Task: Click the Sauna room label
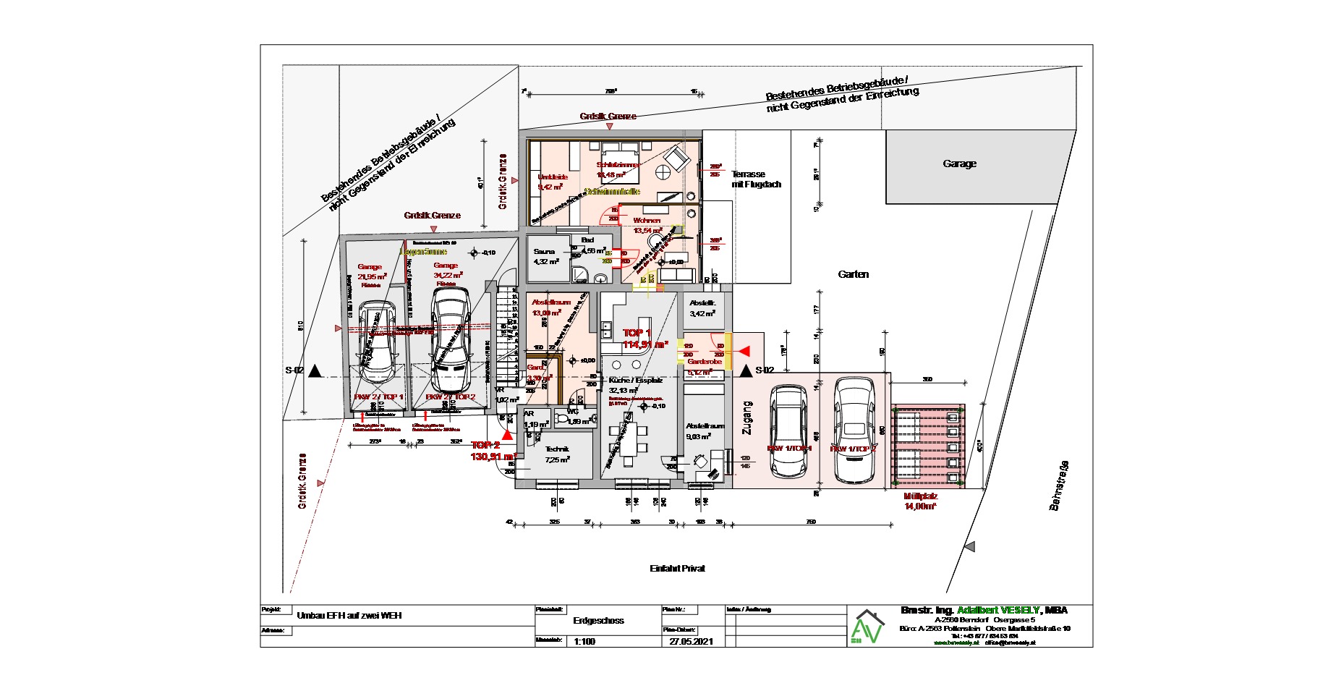pos(544,252)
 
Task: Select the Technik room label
pos(557,449)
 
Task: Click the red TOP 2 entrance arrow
pos(508,435)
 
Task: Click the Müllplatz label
pos(920,497)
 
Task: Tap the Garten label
pos(853,275)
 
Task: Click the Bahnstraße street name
pos(1059,486)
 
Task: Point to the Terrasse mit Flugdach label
pos(756,179)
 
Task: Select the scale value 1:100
pos(584,641)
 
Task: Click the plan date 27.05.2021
pos(691,641)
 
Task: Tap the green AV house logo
pos(867,627)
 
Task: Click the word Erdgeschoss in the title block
pos(598,621)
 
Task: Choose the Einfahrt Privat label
pos(677,569)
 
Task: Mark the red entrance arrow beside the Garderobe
pos(743,352)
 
